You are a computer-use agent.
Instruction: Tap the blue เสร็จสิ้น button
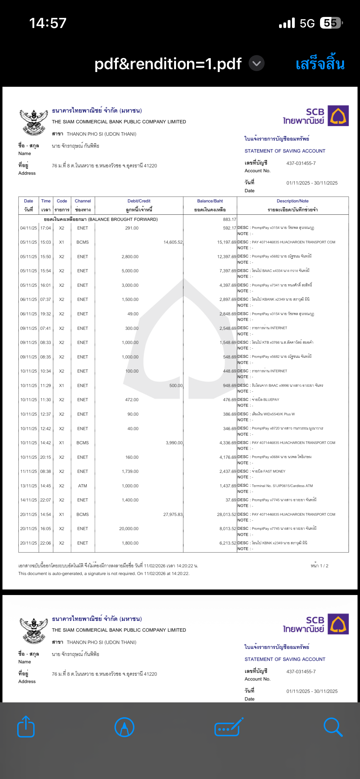320,64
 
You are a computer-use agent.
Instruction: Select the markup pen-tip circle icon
124,727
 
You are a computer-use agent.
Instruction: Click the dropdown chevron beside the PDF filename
256,63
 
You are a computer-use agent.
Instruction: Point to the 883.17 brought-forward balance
230,219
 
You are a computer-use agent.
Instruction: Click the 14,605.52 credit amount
173,242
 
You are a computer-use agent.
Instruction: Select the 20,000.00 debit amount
129,529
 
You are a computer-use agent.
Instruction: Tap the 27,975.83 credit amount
173,514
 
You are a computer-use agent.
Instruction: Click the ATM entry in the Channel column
82,486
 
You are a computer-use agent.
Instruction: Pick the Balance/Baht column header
210,201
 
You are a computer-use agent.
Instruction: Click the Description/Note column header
292,201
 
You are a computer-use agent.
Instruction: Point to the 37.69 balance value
231,500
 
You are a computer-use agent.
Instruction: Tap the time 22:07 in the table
46,500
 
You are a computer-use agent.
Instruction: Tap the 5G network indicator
307,23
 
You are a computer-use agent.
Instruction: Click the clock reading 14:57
48,23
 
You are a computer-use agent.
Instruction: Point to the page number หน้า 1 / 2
319,566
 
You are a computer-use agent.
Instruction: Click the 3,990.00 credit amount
174,443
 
